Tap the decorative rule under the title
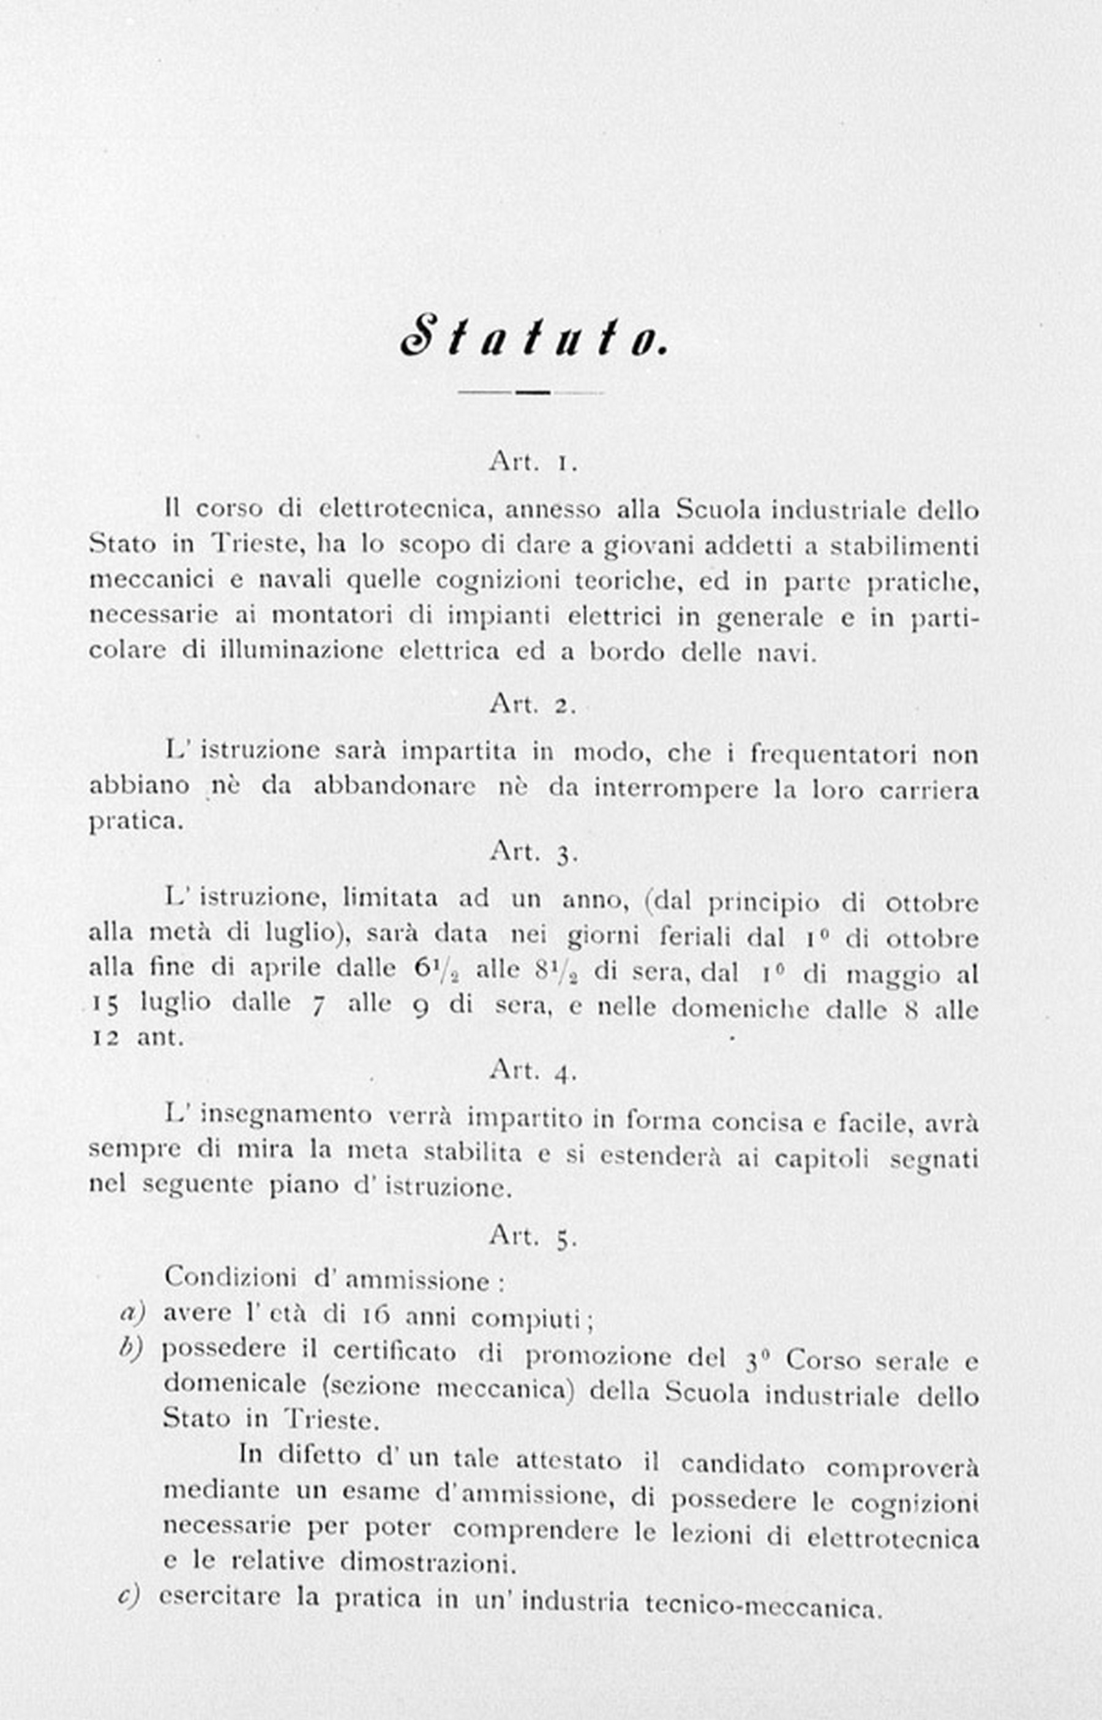(531, 392)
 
